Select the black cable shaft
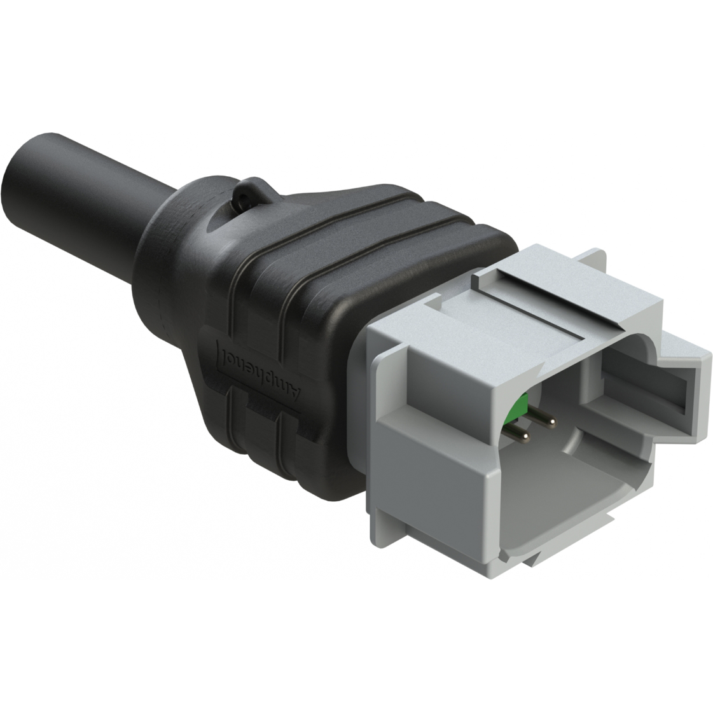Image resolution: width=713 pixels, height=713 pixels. click(95, 184)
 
